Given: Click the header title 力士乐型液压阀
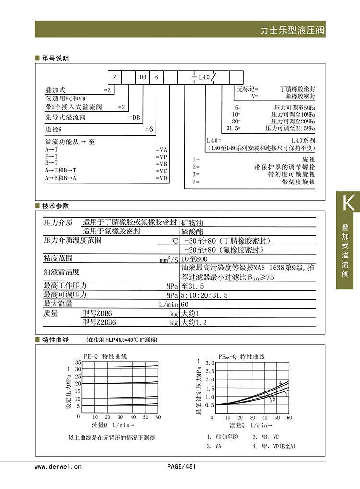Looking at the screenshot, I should pos(292,30).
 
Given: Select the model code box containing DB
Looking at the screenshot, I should pos(143,77).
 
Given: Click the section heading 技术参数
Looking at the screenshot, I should pos(55,206).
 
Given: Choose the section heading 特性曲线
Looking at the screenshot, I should pos(55,340).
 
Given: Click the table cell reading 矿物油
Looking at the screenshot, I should pos(192,223).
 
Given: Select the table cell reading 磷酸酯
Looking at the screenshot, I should pos(192,232).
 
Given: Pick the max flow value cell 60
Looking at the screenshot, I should pos(185,305).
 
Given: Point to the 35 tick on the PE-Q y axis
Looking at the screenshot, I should pos(78,364).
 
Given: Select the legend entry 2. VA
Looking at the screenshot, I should pos(214,446).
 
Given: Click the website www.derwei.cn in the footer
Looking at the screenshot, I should pos(58,466).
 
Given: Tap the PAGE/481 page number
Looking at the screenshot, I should pos(181,466).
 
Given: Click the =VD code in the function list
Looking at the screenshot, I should pos(162,178).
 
